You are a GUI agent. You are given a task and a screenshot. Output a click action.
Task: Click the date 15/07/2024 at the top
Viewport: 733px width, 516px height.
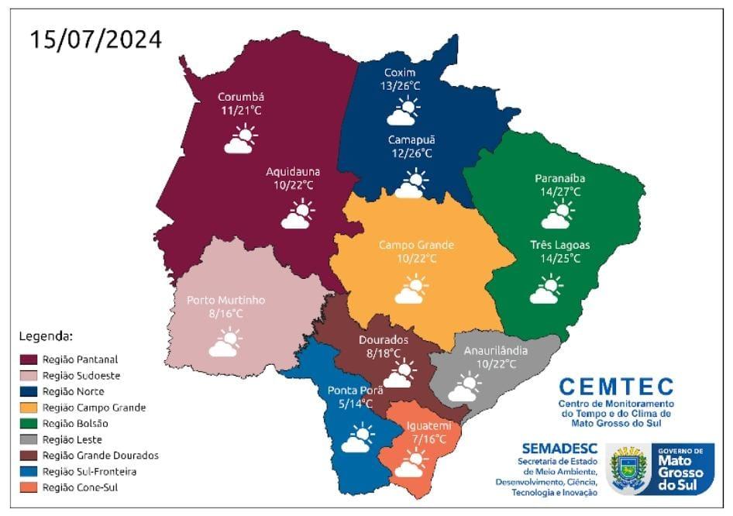[97, 40]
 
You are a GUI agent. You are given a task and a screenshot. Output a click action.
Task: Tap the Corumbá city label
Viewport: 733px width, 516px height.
[241, 97]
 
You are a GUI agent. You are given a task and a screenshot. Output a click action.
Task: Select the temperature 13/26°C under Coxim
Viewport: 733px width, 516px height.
[401, 86]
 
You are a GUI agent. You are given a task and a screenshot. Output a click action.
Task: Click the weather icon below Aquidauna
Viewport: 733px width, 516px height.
[296, 214]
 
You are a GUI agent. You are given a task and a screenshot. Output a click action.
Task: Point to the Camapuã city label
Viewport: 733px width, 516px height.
[411, 139]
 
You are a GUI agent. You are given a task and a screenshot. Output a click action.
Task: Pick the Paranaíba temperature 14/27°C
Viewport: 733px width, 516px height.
[558, 191]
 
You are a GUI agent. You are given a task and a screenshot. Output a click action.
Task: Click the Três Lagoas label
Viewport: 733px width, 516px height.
[560, 245]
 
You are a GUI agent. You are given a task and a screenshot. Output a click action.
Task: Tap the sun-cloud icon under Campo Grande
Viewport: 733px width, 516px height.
[411, 291]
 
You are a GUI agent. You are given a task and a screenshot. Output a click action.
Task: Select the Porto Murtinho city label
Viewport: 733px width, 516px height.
[226, 300]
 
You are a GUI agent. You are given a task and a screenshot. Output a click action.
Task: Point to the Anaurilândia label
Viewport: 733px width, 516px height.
[496, 350]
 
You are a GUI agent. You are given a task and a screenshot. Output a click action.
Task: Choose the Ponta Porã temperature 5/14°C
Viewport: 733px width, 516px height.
[350, 404]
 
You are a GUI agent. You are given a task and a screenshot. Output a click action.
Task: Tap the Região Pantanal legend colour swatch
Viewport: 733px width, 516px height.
[29, 359]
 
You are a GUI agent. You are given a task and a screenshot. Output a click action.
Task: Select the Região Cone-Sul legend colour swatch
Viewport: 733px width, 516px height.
[29, 487]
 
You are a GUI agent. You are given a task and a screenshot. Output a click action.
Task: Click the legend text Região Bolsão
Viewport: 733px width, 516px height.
[75, 424]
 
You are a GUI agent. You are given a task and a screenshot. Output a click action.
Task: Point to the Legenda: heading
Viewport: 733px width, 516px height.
[46, 337]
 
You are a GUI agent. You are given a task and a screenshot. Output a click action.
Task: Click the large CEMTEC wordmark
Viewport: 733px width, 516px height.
[616, 386]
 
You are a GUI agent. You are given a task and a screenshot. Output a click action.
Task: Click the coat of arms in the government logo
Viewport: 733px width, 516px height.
[628, 469]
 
